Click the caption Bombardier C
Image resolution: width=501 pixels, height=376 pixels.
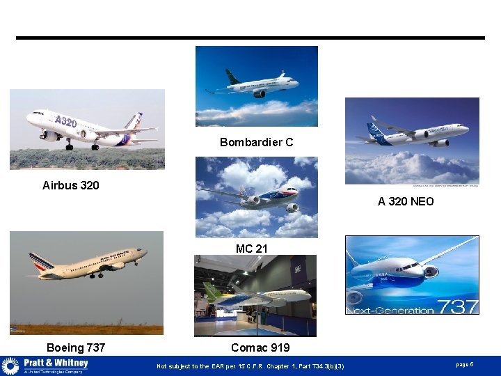(256, 142)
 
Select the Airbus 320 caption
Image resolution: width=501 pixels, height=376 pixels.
(70, 185)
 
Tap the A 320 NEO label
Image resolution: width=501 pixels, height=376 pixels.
(406, 201)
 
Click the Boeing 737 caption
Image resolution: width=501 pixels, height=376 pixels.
(76, 347)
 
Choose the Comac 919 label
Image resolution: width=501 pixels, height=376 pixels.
(260, 347)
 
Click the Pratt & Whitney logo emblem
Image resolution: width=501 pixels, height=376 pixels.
(10, 366)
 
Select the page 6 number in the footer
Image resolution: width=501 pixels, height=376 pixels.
(465, 365)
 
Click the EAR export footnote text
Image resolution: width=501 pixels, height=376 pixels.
(250, 366)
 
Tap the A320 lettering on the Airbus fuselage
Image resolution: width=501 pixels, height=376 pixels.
(65, 121)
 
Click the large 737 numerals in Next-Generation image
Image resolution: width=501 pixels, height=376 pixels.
(456, 306)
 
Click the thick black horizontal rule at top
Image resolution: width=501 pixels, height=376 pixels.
(250, 38)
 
